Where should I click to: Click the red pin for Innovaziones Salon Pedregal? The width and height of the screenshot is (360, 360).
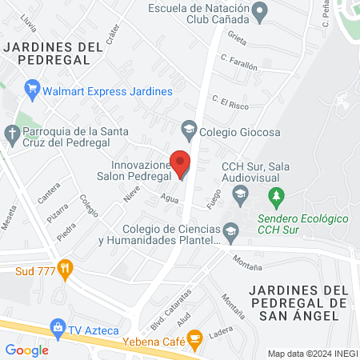181,163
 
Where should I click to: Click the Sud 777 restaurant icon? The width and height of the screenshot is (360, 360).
67,269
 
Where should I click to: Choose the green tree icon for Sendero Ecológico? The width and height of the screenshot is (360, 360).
277,195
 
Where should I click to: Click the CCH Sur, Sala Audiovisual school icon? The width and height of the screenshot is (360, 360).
239,193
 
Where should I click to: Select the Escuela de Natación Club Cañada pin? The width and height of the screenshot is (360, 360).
259,10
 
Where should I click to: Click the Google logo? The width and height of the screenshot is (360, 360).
26,350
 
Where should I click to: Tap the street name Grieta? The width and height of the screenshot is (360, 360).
237,38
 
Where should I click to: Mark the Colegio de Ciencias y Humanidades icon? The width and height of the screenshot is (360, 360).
230,233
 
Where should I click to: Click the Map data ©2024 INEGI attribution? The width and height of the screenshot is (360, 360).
312,354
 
